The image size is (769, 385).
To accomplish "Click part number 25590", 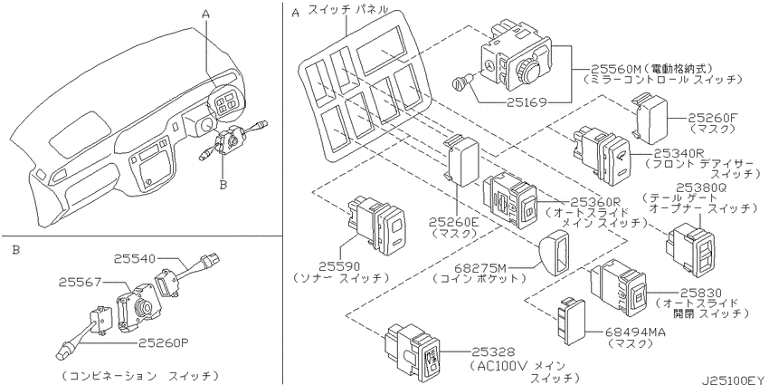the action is point(339,266).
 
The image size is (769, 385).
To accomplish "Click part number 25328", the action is point(494,351).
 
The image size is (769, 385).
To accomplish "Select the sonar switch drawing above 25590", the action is point(376,226).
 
